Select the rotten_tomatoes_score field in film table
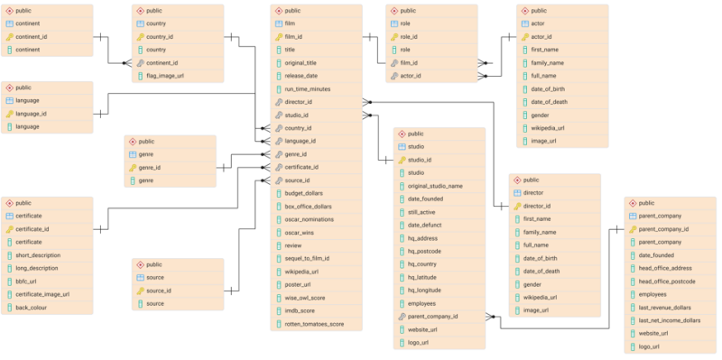(314, 324)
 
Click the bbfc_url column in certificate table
(30, 281)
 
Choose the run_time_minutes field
(308, 89)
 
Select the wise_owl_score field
(305, 298)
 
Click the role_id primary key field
(410, 37)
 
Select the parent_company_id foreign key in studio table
(432, 317)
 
